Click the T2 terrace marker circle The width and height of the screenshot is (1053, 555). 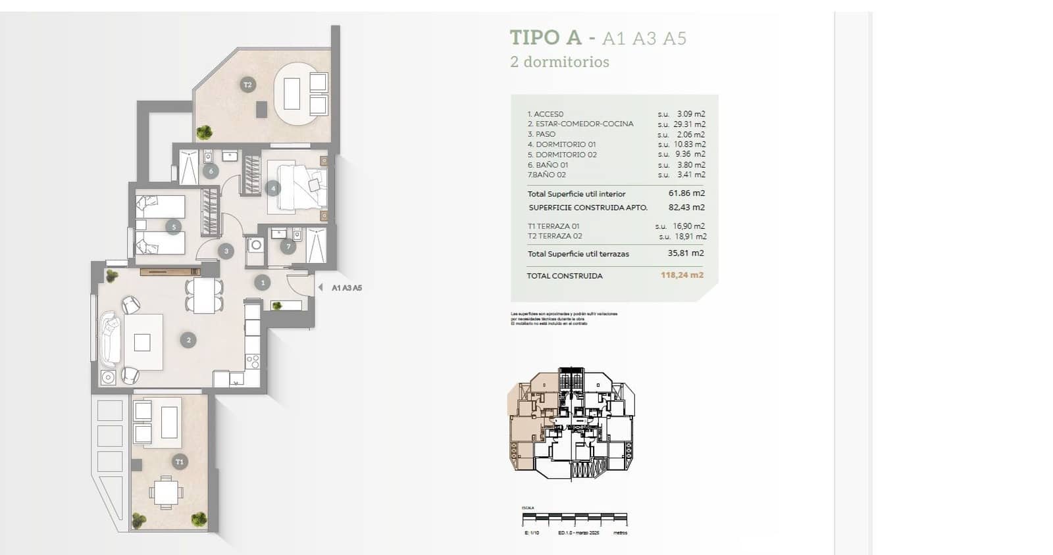click(247, 85)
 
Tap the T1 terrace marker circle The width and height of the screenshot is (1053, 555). click(180, 462)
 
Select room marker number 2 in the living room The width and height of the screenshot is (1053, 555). click(188, 340)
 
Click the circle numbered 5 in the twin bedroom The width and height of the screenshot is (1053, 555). click(174, 228)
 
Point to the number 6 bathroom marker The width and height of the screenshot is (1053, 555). click(211, 172)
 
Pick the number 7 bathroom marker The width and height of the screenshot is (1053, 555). click(288, 247)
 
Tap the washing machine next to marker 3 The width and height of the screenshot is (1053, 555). click(255, 246)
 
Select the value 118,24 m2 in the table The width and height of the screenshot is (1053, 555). click(682, 275)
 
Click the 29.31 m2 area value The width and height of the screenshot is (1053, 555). click(689, 124)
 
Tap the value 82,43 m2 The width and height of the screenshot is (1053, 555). click(686, 207)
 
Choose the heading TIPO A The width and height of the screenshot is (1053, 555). click(546, 37)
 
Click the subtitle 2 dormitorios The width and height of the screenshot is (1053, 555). click(559, 62)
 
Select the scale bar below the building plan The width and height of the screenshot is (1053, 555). click(575, 519)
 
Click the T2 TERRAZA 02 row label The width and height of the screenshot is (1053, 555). click(555, 236)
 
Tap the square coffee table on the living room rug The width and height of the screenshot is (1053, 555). click(142, 343)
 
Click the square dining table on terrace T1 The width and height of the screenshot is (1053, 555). click(165, 493)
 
